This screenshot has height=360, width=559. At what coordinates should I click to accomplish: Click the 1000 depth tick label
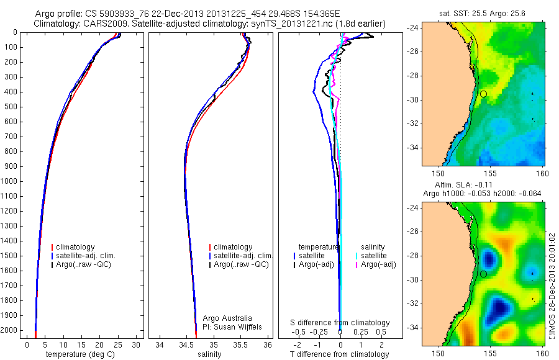(10, 181)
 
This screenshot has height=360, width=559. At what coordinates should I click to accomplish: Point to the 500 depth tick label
(12, 107)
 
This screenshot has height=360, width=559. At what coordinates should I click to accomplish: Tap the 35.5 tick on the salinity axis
(241, 344)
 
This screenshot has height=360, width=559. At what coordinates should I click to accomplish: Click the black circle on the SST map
(483, 94)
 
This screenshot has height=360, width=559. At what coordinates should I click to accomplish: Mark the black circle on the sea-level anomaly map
(483, 274)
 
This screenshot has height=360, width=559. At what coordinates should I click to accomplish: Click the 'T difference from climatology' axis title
(340, 354)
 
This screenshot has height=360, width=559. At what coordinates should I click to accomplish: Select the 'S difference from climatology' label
(340, 323)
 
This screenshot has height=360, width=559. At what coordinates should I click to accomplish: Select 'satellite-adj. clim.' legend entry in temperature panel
(87, 256)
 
